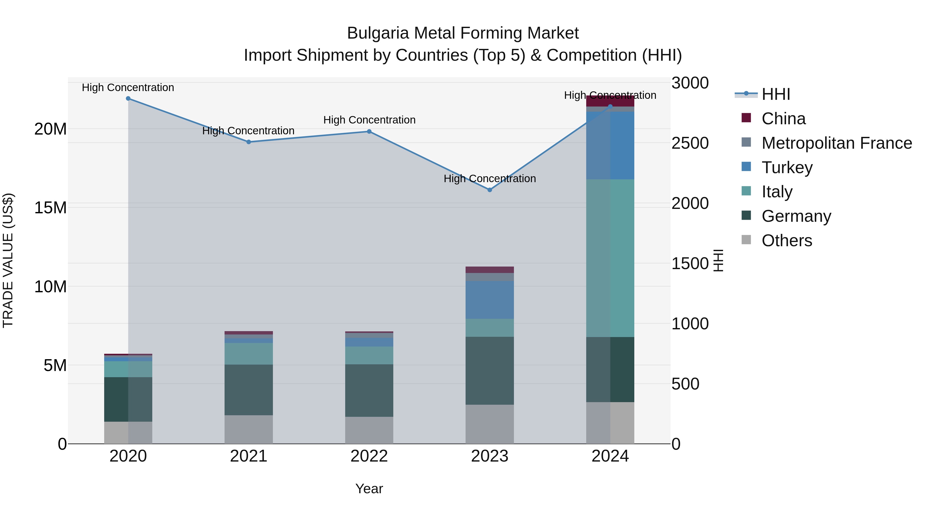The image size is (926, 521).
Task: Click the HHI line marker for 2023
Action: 489,190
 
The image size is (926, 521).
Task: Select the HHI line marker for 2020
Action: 128,99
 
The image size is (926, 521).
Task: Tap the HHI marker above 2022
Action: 369,131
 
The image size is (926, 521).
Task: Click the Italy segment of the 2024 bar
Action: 610,258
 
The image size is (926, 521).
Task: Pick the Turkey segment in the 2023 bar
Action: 489,300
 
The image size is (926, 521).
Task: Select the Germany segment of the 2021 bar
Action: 249,390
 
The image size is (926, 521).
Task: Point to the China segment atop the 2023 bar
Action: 489,270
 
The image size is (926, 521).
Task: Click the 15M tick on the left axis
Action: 50,208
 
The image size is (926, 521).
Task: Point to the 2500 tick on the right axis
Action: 690,143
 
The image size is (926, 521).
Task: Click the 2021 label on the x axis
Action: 249,456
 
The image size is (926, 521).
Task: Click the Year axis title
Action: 369,489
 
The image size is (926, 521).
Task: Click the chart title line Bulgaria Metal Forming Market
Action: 463,33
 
